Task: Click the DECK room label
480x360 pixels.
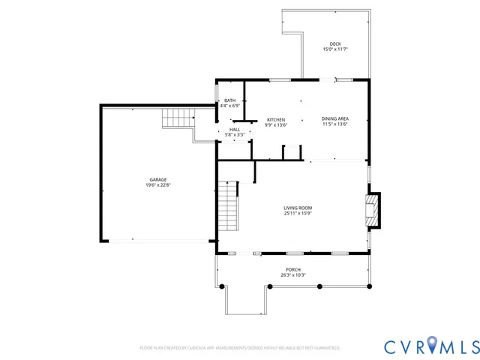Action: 335,43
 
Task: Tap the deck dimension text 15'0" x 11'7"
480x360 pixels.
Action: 335,49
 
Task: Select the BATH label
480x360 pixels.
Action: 229,100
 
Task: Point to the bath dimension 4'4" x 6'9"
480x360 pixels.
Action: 229,106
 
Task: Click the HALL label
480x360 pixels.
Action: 235,129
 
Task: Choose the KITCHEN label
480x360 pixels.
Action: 277,120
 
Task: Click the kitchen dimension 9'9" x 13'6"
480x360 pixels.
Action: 277,125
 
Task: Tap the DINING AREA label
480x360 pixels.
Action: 334,118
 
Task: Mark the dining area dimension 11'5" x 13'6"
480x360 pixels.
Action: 334,124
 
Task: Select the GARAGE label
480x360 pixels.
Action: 157,179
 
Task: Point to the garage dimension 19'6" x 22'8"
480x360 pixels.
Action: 157,184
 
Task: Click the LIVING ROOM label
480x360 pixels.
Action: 298,208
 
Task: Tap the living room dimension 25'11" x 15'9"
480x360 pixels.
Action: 298,214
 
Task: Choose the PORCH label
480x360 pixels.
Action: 292,269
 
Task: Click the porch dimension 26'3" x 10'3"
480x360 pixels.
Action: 292,275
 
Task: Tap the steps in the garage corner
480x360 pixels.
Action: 178,118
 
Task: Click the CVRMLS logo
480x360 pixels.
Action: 430,346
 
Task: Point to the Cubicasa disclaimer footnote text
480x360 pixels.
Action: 240,348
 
